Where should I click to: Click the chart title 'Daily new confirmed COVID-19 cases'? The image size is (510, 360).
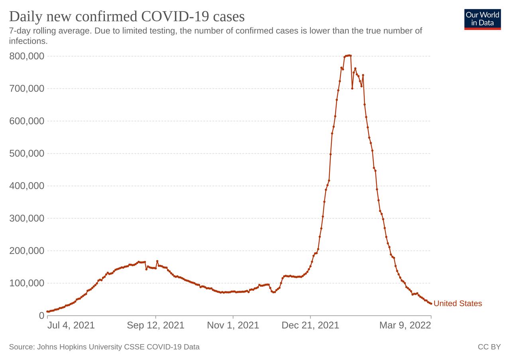tap(127, 17)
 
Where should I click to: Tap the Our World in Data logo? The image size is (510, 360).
tap(482, 19)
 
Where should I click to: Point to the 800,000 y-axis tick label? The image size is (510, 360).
tap(27, 56)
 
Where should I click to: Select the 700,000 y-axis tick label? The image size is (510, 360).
tap(27, 88)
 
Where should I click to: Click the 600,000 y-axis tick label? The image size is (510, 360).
tap(27, 121)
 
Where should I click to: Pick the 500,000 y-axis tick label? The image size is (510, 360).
tap(27, 153)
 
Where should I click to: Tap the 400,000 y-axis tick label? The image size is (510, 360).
tap(27, 186)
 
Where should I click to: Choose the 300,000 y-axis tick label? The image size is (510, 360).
tap(27, 218)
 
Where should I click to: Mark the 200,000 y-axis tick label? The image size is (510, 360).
tap(27, 251)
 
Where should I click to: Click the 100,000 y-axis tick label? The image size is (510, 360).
tap(27, 283)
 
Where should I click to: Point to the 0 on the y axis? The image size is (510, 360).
tap(41, 316)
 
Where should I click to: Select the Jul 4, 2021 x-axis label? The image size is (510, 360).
tap(71, 325)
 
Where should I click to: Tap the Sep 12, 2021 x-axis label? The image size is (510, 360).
tap(155, 325)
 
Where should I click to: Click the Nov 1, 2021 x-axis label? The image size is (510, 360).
tap(233, 325)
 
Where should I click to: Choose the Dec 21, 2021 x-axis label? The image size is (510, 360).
tap(310, 325)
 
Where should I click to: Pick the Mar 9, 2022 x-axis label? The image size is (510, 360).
tap(405, 325)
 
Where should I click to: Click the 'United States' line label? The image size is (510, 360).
tap(457, 303)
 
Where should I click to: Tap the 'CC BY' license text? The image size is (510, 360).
tap(489, 347)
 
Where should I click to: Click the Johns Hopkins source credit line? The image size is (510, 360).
tap(104, 347)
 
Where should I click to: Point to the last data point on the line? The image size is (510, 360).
tap(431, 303)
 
